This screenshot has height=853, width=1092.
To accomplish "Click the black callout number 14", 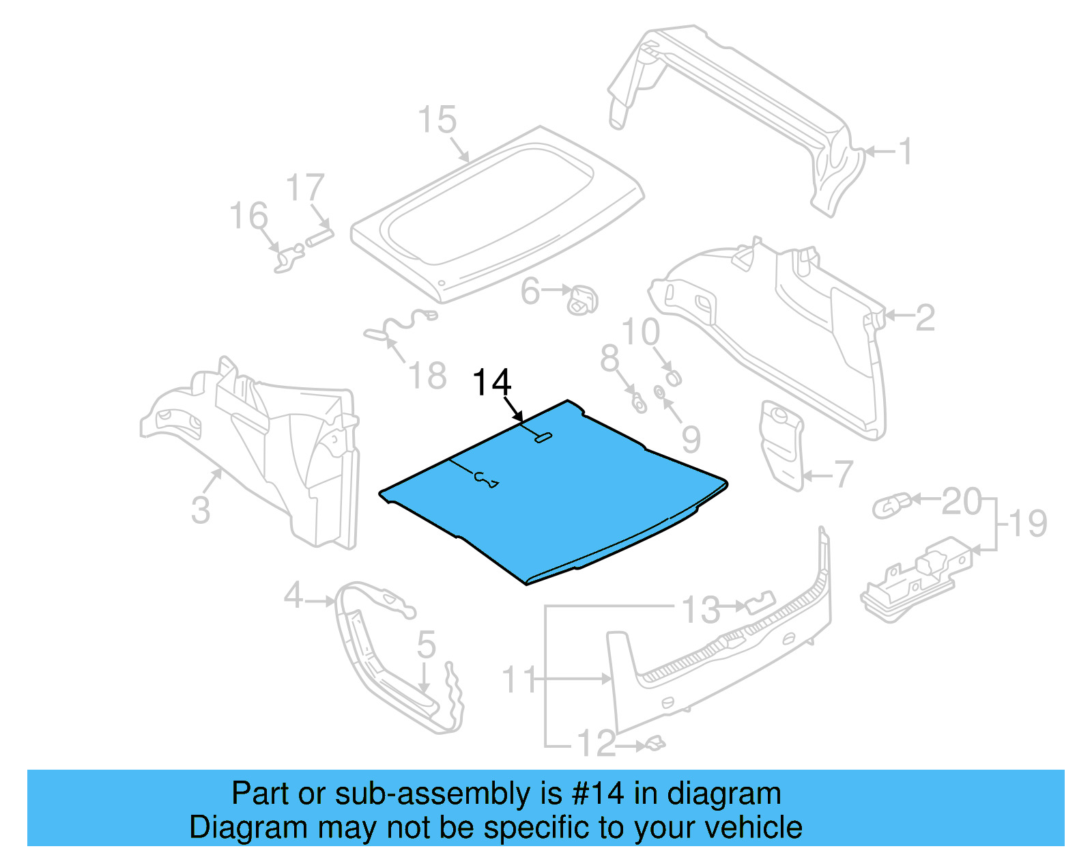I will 491,382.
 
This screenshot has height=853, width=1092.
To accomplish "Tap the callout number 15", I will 437,120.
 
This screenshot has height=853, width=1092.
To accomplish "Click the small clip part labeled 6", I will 583,299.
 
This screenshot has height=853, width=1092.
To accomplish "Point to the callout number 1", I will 905,151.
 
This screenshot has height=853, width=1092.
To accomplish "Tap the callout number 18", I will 427,376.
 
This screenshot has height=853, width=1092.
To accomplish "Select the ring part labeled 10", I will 673,376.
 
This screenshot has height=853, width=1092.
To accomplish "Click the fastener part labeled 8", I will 639,404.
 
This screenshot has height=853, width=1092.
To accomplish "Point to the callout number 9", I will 691,439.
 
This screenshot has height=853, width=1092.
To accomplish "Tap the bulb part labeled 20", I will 891,506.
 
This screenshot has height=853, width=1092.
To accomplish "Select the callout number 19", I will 1028,525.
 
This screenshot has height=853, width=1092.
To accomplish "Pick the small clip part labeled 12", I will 655,743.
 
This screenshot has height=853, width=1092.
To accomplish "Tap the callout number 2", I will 925,318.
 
